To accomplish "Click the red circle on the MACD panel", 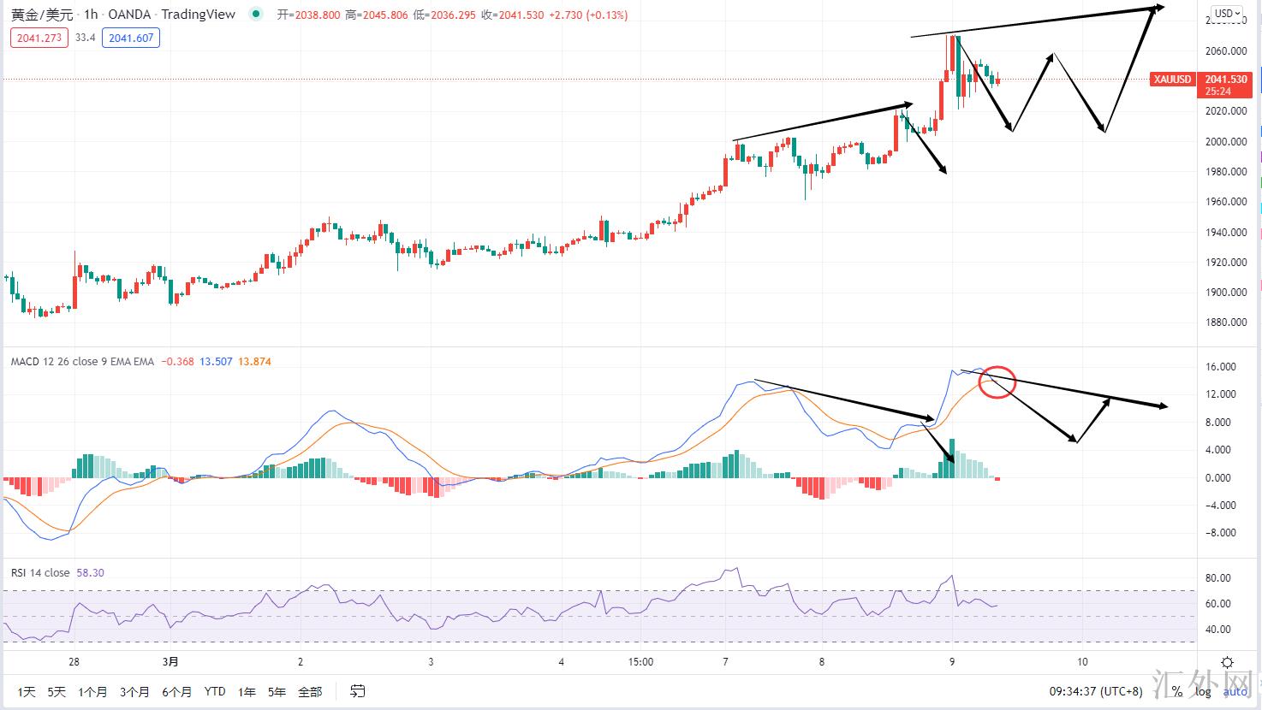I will click(x=997, y=382).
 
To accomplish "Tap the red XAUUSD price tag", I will click(x=1172, y=80).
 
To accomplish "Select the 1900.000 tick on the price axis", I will click(x=1227, y=293).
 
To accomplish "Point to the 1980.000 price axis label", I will click(x=1227, y=172).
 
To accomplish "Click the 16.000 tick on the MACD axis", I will click(x=1221, y=367).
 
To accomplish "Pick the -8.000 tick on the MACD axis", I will click(x=1221, y=533).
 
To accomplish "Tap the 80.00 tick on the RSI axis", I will click(x=1217, y=578).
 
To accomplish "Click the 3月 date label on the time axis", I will click(x=171, y=661).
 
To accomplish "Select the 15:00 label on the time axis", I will click(x=640, y=661).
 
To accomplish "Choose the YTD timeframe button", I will click(x=215, y=691).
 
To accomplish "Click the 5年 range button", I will click(x=277, y=691).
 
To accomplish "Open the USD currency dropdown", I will click(x=1226, y=14).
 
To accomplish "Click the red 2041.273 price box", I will click(x=39, y=38).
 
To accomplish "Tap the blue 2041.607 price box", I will click(x=131, y=38).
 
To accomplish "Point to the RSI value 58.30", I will click(x=90, y=573).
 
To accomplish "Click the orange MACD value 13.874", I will click(x=253, y=362).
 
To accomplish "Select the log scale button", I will click(x=1203, y=691).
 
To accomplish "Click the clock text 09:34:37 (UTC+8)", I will click(x=1096, y=691).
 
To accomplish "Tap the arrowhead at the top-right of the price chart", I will click(x=1159, y=8).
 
